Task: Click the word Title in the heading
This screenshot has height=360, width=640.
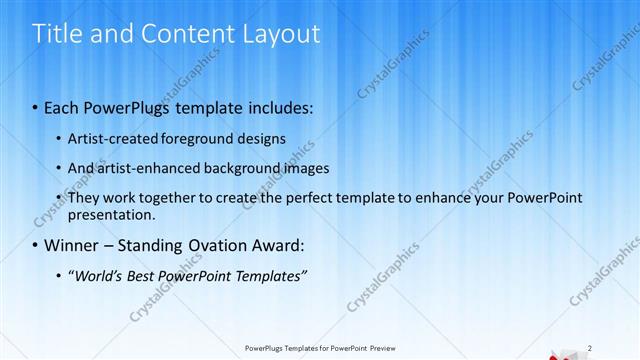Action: click(60, 34)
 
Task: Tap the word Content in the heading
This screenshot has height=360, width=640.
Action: click(176, 34)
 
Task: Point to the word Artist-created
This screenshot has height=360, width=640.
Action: click(110, 137)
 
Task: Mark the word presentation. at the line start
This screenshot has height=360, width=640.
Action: click(111, 214)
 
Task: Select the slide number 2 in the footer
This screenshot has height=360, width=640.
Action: click(590, 348)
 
